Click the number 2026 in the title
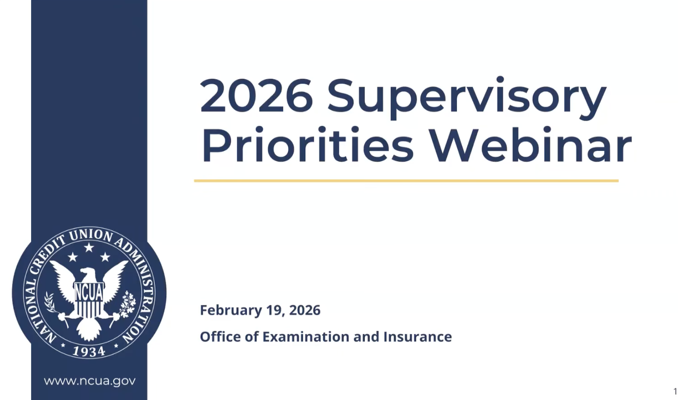pos(256,95)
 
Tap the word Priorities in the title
pos(307,145)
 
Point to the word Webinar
pos(531,145)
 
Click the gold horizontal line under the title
pos(406,181)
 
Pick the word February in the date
pos(231,310)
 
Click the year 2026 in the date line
pos(304,310)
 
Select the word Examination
pos(306,337)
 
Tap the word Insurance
pos(417,337)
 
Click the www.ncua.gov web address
pos(90,381)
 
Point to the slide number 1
pos(675,392)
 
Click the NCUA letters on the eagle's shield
pos(89,292)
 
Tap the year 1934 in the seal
pos(89,351)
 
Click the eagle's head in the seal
pos(87,273)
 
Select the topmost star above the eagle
pos(89,247)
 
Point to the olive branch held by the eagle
pos(50,303)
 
